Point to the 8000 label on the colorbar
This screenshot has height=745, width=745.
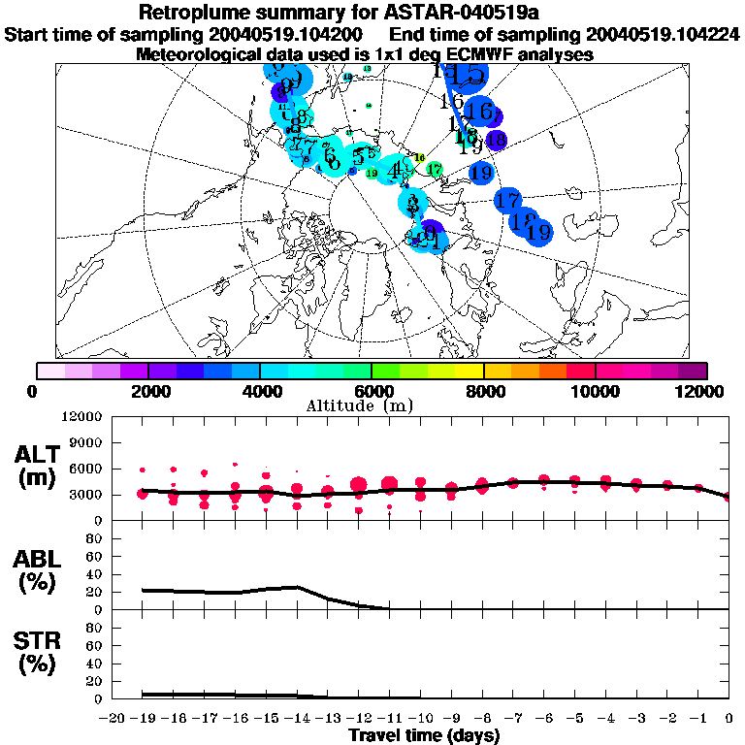click(x=484, y=391)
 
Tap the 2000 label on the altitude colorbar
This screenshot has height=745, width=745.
click(x=147, y=391)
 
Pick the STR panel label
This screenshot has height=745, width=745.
click(x=40, y=652)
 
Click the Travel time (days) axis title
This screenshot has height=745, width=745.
click(x=424, y=735)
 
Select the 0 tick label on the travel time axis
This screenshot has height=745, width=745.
click(x=729, y=717)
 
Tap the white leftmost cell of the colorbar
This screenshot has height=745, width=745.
click(x=50, y=371)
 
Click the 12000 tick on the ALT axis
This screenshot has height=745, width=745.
click(x=82, y=417)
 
